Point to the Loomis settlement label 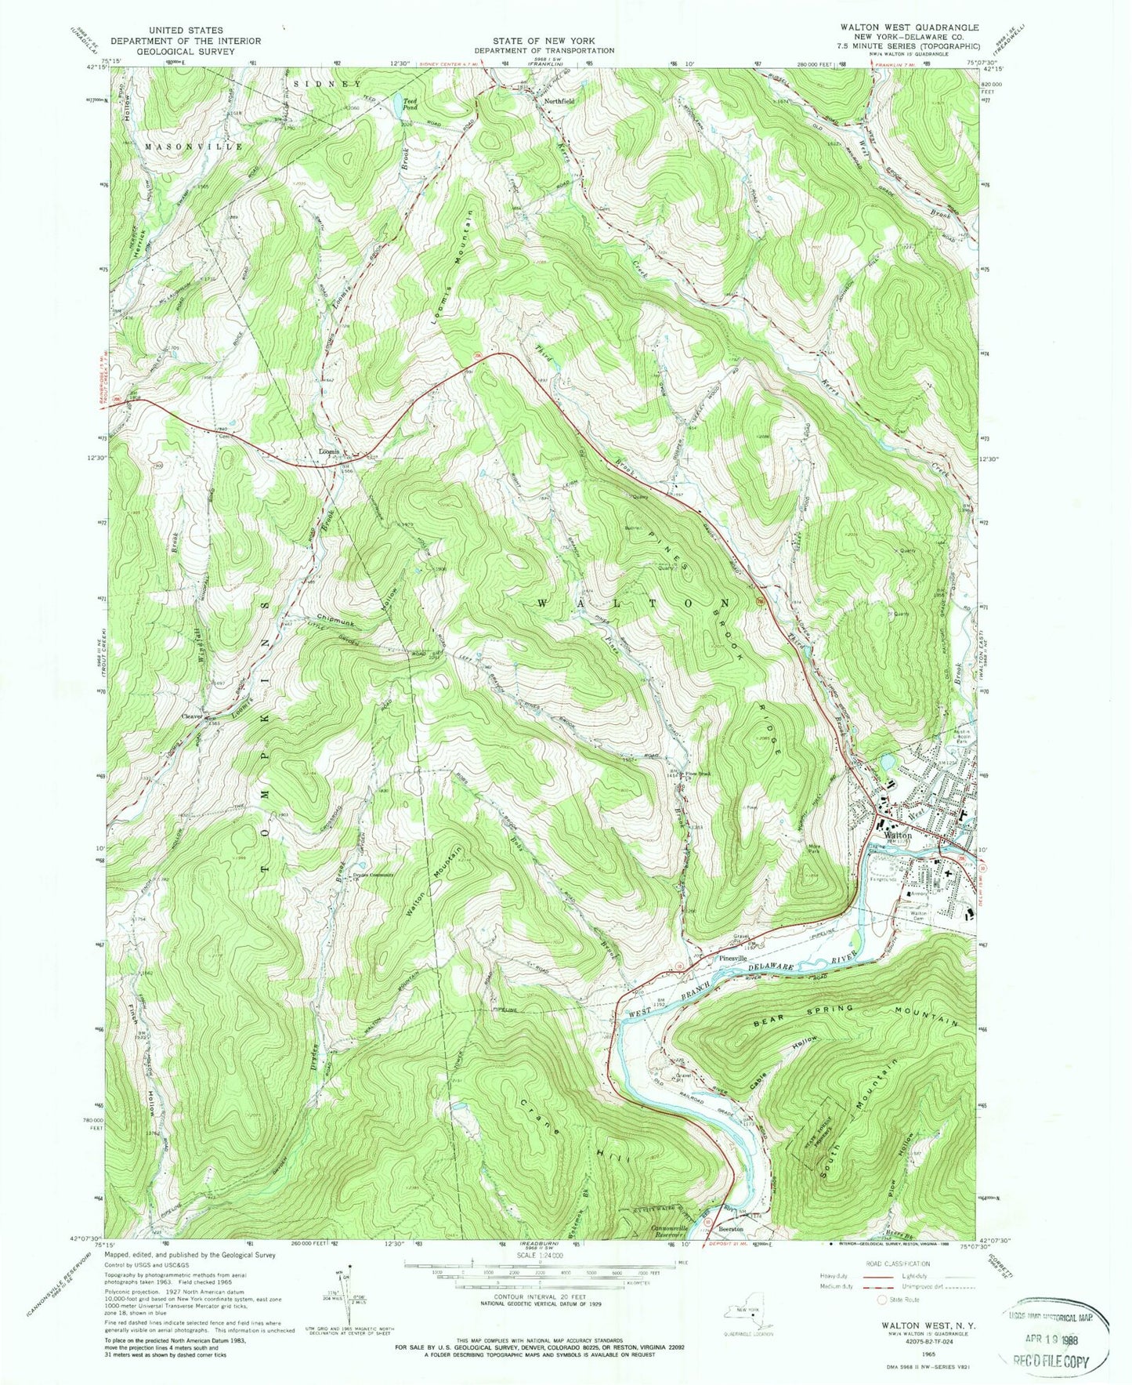click(x=329, y=451)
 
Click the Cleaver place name click(x=193, y=715)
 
